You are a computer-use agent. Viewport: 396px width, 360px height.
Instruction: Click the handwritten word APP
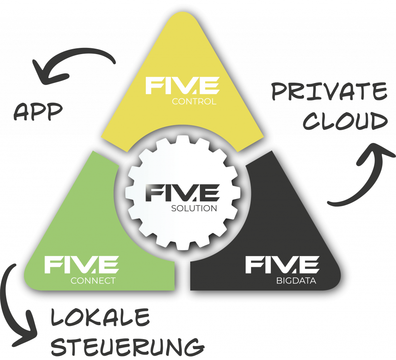click(x=38, y=112)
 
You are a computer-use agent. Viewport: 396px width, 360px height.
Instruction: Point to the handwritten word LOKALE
click(x=100, y=318)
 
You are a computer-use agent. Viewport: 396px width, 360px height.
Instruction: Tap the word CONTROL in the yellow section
click(x=194, y=102)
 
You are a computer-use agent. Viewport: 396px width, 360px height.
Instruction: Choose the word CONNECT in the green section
click(x=93, y=281)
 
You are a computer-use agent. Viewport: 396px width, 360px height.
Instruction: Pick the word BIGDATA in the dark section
click(x=296, y=281)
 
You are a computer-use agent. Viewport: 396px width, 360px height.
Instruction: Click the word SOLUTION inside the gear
click(x=194, y=208)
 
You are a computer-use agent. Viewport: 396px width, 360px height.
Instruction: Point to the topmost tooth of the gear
click(x=182, y=141)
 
